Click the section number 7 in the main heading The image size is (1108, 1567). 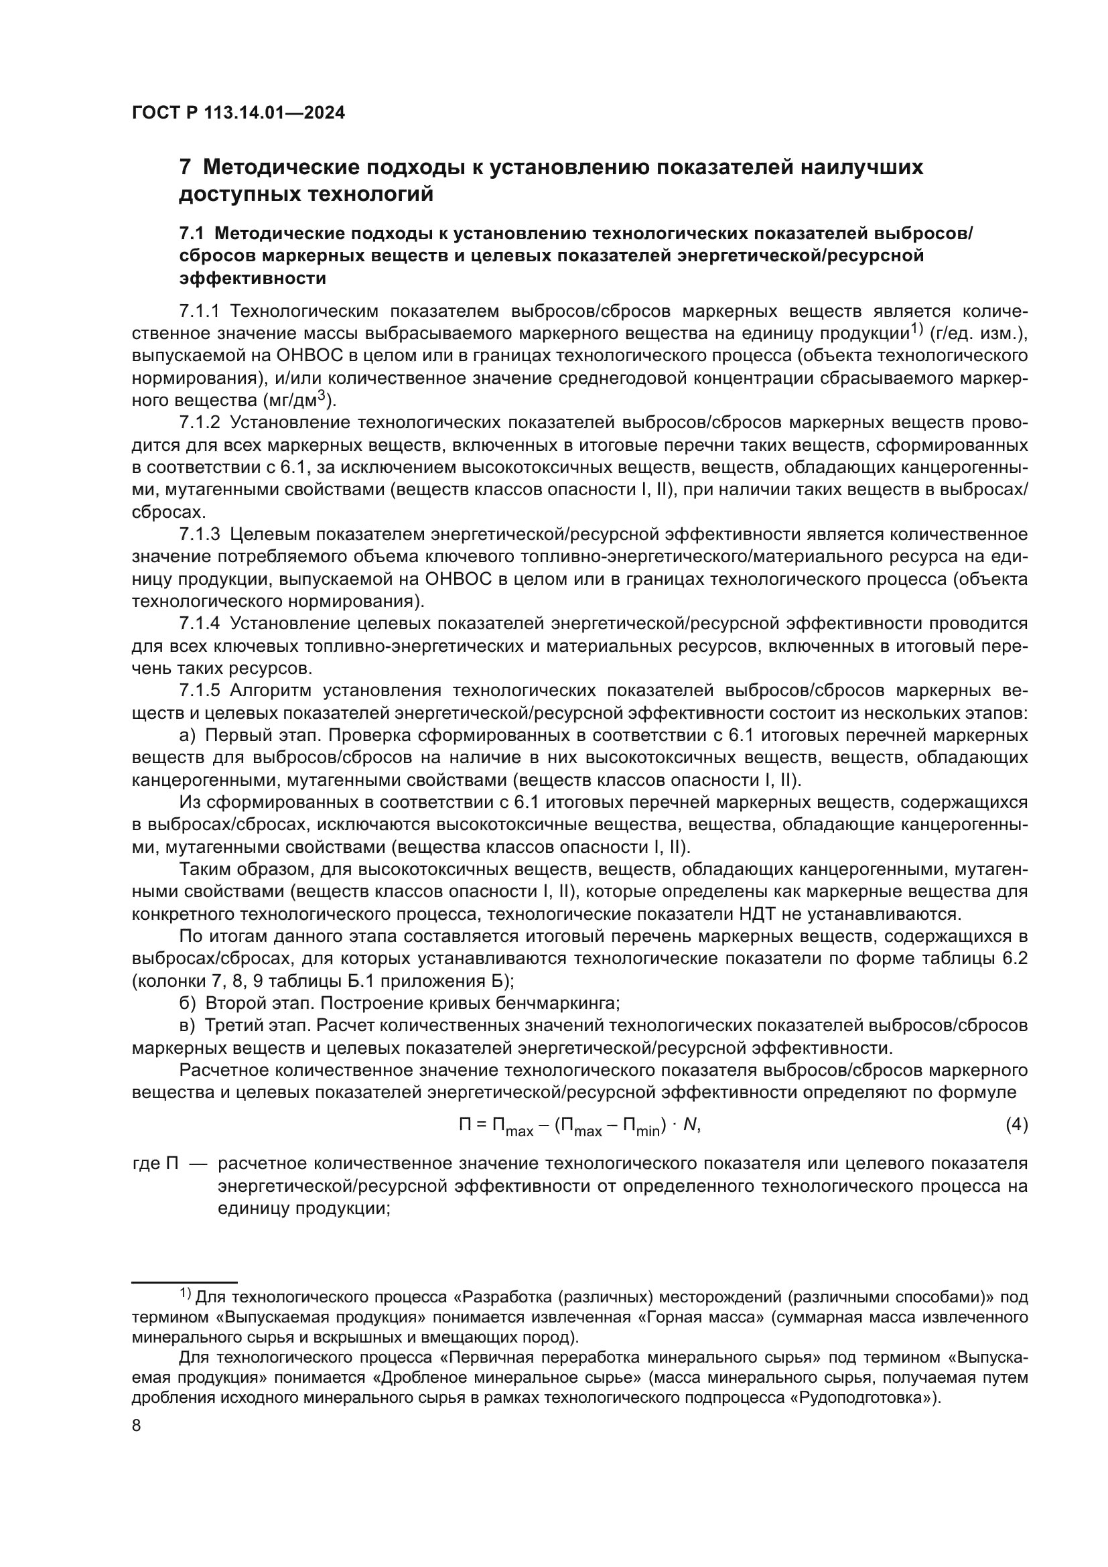click(x=184, y=167)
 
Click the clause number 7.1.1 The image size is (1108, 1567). click(x=199, y=312)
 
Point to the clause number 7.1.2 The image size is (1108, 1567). click(x=199, y=423)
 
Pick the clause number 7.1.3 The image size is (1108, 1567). click(x=199, y=534)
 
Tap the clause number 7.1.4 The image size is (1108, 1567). click(x=199, y=623)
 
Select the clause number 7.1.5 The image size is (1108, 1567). click(x=199, y=690)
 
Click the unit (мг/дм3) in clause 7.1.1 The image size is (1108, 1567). click(x=297, y=399)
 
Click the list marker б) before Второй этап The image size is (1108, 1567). click(x=188, y=1004)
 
